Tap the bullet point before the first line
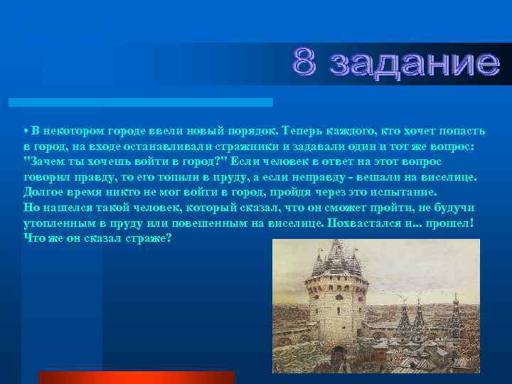tap(25, 132)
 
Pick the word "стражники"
tap(213, 144)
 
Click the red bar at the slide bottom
tap(136, 378)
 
